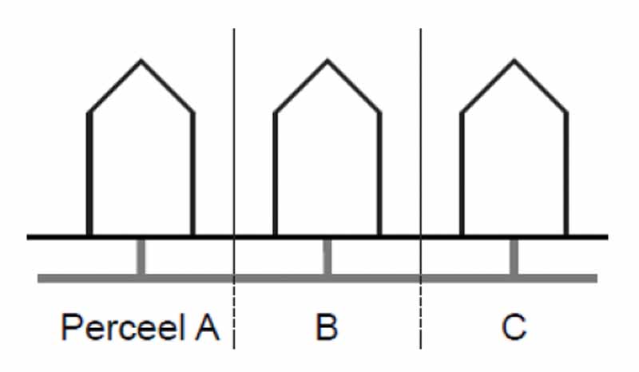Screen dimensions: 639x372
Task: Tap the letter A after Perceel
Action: (x=207, y=326)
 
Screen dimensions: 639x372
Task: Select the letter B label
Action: (x=327, y=326)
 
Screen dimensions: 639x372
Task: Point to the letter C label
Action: (x=514, y=326)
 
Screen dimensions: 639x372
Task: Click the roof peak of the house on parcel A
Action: (x=141, y=61)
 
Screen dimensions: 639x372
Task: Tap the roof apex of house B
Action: (x=327, y=61)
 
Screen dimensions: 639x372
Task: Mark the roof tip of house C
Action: (x=514, y=61)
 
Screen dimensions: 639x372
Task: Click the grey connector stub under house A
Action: (x=141, y=257)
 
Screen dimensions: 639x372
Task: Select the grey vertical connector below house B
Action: (x=327, y=257)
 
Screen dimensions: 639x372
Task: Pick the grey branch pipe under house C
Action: (x=514, y=257)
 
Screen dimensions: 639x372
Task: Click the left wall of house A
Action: (x=89, y=173)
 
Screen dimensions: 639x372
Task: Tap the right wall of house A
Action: (x=192, y=173)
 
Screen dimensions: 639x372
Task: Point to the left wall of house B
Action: (x=275, y=173)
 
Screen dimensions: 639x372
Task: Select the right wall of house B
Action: (x=379, y=173)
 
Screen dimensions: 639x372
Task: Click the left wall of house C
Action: (x=462, y=173)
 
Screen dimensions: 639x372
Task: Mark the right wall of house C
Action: (x=566, y=173)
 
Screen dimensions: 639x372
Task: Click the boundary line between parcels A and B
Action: (x=234, y=188)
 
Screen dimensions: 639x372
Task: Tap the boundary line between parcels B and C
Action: (x=421, y=188)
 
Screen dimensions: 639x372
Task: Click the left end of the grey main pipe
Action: (x=38, y=279)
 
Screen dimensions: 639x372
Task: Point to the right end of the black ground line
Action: (x=607, y=237)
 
